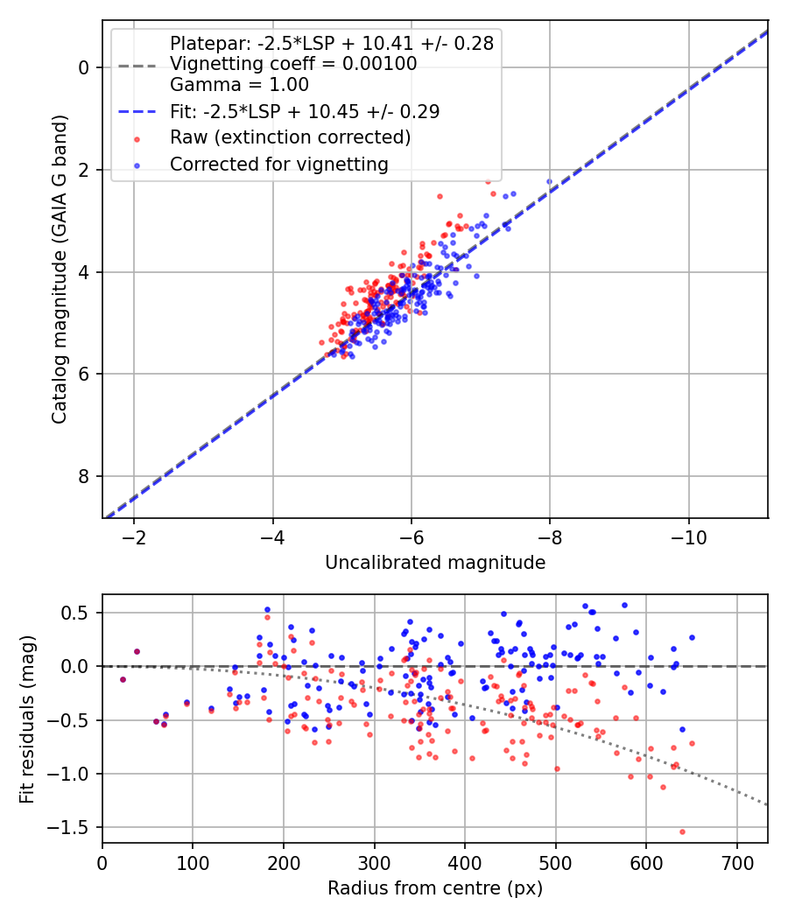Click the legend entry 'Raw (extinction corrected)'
(290, 137)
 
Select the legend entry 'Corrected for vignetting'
(279, 165)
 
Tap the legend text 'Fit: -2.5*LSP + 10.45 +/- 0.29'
(305, 111)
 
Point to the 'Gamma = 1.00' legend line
(239, 84)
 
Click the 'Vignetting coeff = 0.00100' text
(293, 64)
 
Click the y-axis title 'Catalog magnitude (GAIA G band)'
(60, 269)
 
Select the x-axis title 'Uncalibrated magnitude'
(435, 563)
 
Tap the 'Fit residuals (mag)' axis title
(27, 719)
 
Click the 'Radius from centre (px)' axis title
(435, 888)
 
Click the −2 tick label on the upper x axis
(134, 537)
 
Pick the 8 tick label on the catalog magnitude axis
(84, 476)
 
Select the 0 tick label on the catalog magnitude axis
(84, 68)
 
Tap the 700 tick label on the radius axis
(736, 863)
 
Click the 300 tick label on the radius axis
(374, 863)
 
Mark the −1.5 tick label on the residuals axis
(75, 828)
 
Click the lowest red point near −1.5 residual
(682, 831)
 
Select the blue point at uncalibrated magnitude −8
(549, 182)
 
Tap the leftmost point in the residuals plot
(123, 679)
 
